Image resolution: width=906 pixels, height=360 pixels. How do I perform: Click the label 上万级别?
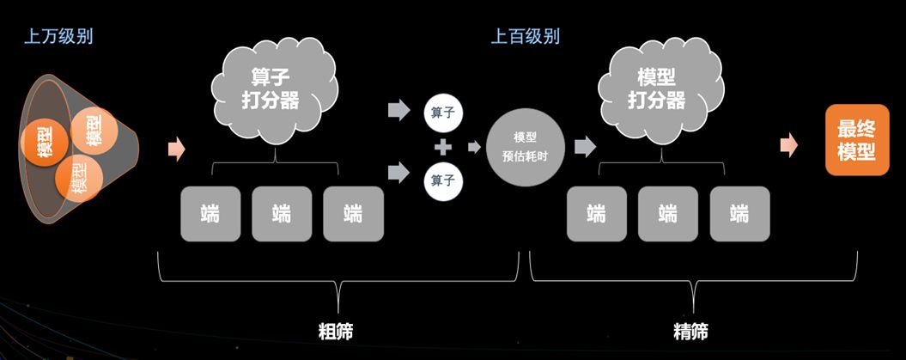pos(58,37)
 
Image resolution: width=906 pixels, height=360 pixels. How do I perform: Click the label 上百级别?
pos(525,37)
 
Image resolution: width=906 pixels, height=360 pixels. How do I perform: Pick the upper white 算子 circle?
pos(443,112)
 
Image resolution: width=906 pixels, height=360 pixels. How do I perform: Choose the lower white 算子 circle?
pos(443,180)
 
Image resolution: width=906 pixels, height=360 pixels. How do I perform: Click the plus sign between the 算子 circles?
pos(443,147)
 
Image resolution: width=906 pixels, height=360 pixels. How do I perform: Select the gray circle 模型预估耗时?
pos(526,147)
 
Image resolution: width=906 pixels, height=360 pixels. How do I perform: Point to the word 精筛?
pos(692,330)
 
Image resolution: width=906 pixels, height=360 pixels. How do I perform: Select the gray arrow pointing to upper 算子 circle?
pos(398,110)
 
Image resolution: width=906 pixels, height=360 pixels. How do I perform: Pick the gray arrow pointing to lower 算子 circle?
pos(398,174)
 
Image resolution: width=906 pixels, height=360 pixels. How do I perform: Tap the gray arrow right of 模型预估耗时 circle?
pos(585,147)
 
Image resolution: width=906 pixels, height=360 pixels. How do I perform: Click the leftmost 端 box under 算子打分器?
pos(210,213)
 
